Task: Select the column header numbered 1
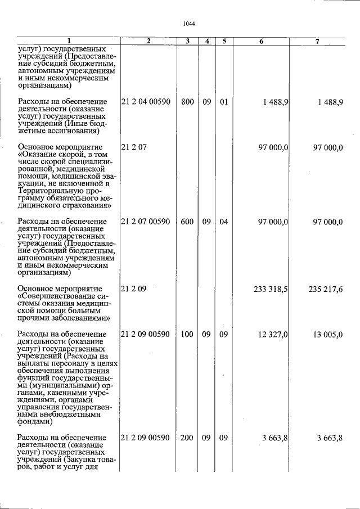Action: click(x=69, y=41)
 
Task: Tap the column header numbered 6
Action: click(x=262, y=41)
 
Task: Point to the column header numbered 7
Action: click(x=317, y=41)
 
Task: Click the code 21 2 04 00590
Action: click(x=146, y=102)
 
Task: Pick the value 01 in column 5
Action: click(x=224, y=102)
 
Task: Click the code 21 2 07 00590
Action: click(x=146, y=222)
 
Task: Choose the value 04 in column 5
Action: click(x=224, y=222)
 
